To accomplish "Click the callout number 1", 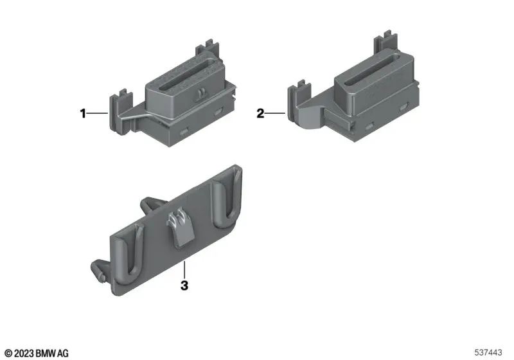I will [x=82, y=114].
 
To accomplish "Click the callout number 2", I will [x=260, y=114].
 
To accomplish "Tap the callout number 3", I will [x=184, y=285].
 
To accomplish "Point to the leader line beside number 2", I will [x=274, y=114].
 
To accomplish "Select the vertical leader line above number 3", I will [x=184, y=270].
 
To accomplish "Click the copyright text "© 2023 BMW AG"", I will [x=37, y=353].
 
